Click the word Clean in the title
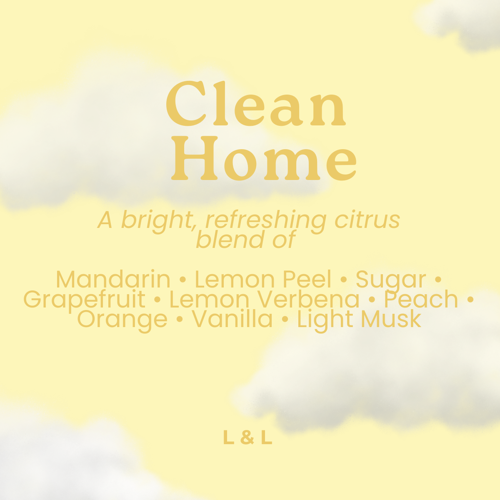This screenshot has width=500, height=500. (x=256, y=104)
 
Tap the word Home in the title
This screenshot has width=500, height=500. (x=265, y=159)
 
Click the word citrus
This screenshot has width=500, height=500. (x=367, y=220)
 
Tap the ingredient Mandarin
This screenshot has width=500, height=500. (x=113, y=279)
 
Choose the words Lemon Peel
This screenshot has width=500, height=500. (x=263, y=279)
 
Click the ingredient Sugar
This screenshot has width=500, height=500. (x=390, y=280)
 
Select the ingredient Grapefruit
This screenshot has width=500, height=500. (x=85, y=300)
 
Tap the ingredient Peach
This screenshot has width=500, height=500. (x=421, y=299)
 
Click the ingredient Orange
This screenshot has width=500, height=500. (x=122, y=320)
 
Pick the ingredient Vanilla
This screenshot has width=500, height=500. (x=232, y=319)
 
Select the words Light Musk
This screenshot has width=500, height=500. (x=359, y=320)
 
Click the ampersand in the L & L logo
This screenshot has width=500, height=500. (x=247, y=437)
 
